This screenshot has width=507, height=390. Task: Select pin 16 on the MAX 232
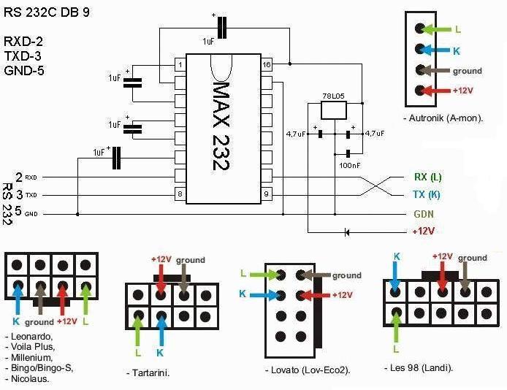click(x=267, y=65)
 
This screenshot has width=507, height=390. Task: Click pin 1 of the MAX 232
click(x=179, y=65)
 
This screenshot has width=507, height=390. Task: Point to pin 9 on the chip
click(x=267, y=194)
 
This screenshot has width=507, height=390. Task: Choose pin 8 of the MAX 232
click(x=179, y=194)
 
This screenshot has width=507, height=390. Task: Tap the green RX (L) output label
click(x=427, y=177)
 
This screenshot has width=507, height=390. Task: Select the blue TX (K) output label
click(x=427, y=195)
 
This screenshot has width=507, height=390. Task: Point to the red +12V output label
click(x=423, y=231)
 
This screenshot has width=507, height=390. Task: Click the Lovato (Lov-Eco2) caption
click(x=308, y=370)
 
